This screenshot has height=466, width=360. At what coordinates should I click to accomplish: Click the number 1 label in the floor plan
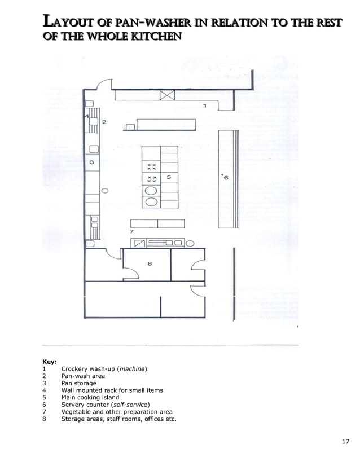point(205,105)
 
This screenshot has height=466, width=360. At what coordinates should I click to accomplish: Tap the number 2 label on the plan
point(104,122)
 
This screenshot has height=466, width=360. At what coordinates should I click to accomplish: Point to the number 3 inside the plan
point(91,162)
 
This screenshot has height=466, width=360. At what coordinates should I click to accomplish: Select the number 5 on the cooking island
point(169,177)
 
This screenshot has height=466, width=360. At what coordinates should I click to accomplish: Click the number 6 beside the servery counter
point(226,178)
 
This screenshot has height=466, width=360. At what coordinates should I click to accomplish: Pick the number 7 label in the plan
point(131,232)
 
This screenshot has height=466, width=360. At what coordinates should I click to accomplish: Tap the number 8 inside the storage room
point(150,263)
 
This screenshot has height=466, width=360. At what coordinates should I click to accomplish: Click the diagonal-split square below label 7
point(140,243)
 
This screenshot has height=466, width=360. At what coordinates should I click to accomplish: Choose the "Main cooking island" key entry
point(90,397)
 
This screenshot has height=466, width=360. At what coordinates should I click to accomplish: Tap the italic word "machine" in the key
point(135,368)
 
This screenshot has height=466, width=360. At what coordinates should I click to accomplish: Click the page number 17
point(346,441)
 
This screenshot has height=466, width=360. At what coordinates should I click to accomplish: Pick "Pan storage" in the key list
point(78,383)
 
